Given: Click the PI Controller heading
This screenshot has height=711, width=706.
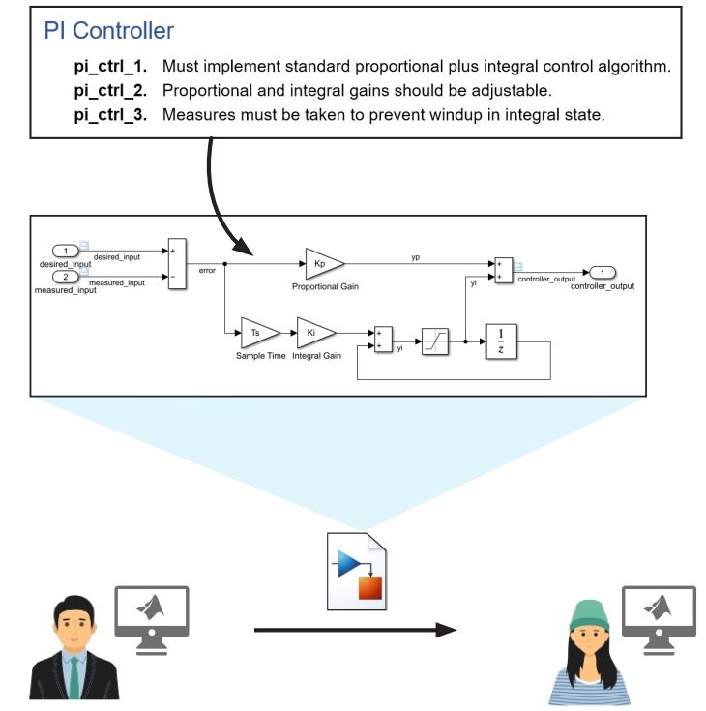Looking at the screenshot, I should (x=109, y=31).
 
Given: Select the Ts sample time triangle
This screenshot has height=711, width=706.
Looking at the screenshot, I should (x=257, y=332).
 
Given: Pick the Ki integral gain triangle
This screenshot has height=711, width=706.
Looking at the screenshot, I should (x=313, y=332).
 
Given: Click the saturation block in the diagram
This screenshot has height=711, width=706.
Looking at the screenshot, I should (x=434, y=342).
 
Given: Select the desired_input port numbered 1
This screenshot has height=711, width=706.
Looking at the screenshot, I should (x=65, y=252).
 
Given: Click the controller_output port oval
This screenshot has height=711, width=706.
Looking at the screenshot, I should (x=602, y=272).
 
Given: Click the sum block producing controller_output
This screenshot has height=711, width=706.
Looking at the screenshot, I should (x=502, y=270).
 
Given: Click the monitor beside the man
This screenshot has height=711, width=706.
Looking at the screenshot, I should (x=151, y=617).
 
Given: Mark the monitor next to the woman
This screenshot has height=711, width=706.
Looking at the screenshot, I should (x=659, y=616).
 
